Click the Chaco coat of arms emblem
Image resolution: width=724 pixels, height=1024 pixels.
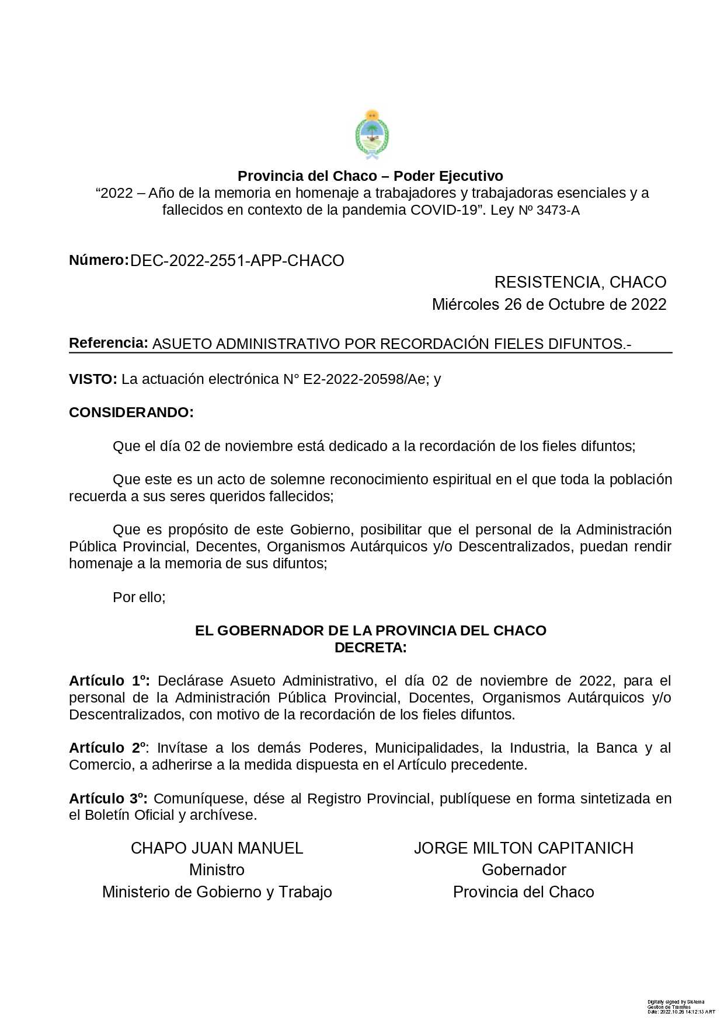pyautogui.click(x=372, y=135)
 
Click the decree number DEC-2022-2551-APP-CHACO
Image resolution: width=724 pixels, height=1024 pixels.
pyautogui.click(x=237, y=261)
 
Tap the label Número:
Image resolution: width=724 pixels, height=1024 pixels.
pyautogui.click(x=99, y=260)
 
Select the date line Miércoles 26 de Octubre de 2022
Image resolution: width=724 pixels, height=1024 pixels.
pyautogui.click(x=549, y=305)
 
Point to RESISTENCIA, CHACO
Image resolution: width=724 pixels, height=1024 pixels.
pyautogui.click(x=580, y=282)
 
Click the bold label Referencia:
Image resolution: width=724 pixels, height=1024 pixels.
pyautogui.click(x=109, y=343)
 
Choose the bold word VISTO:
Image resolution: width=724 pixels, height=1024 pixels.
pyautogui.click(x=93, y=379)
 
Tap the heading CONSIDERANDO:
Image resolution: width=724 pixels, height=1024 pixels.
pyautogui.click(x=131, y=413)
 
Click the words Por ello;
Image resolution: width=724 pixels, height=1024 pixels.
pyautogui.click(x=139, y=597)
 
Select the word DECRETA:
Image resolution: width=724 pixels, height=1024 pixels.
pyautogui.click(x=370, y=648)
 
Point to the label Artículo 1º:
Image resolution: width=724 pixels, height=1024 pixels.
pyautogui.click(x=109, y=681)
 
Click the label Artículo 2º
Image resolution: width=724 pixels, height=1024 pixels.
pyautogui.click(x=108, y=748)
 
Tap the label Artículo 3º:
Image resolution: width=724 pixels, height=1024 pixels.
pyautogui.click(x=109, y=799)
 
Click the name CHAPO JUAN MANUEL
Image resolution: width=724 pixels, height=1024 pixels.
pyautogui.click(x=217, y=848)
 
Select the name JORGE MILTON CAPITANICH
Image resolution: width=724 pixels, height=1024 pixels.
pyautogui.click(x=524, y=848)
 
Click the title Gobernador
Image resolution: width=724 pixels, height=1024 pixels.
pyautogui.click(x=524, y=870)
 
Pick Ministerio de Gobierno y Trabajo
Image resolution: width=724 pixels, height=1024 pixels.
pyautogui.click(x=217, y=892)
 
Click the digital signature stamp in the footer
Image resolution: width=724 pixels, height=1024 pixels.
pyautogui.click(x=680, y=1006)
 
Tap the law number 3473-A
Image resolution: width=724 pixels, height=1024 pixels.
pyautogui.click(x=558, y=211)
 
